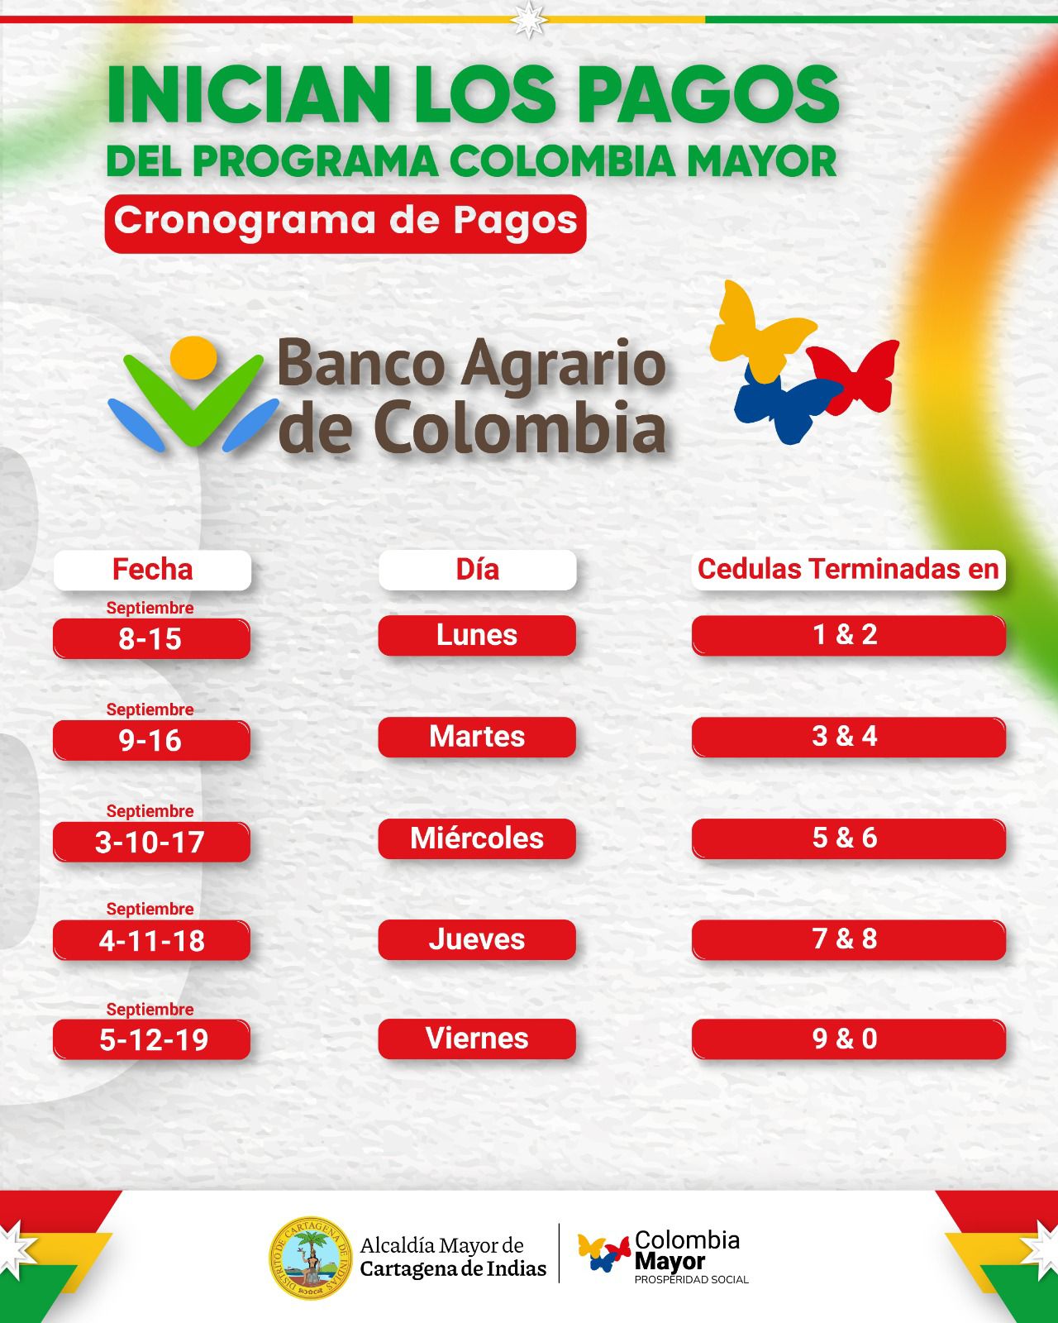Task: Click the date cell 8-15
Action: (151, 638)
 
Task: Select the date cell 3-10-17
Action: (151, 842)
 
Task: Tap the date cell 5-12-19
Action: (151, 1039)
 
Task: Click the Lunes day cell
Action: (477, 635)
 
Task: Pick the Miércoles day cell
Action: (477, 838)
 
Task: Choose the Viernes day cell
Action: (477, 1039)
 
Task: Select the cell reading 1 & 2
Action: (848, 635)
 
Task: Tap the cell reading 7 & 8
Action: (848, 939)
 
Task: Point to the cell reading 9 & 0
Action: (848, 1039)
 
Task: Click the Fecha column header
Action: (152, 570)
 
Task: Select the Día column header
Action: (477, 570)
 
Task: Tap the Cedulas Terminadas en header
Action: (848, 570)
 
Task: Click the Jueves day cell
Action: (477, 939)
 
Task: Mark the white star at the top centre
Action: (527, 18)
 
